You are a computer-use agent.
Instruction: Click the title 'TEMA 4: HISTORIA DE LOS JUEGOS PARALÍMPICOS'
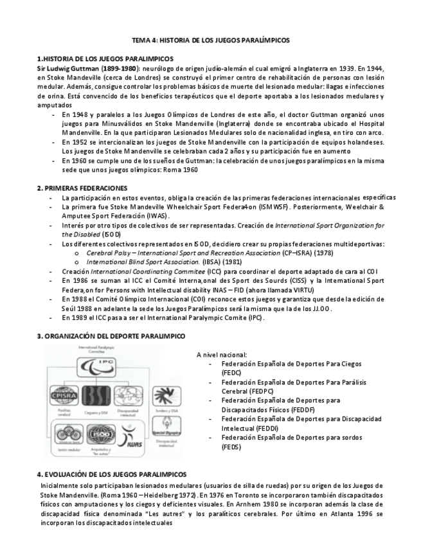pos(211,40)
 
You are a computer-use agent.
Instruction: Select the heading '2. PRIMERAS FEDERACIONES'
pos(82,188)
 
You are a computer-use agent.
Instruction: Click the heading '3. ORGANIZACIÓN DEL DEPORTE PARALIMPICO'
pos(111,336)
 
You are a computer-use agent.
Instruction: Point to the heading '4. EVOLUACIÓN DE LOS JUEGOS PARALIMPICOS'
pos(112,474)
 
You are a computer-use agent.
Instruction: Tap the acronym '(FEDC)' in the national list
pos(230,372)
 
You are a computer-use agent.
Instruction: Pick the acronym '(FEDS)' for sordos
pos(229,446)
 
